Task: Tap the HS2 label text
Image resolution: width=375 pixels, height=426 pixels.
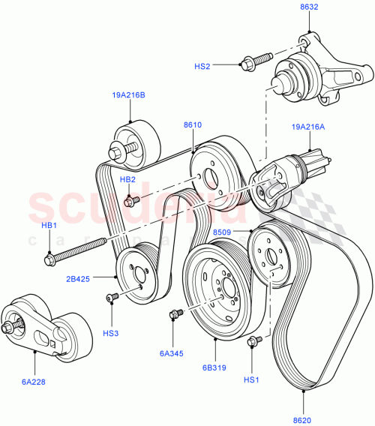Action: [x=202, y=66]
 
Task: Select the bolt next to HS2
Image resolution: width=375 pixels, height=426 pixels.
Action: [x=251, y=63]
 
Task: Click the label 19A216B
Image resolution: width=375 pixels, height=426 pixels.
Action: [x=129, y=94]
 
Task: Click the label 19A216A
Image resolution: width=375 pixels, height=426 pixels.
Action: [x=308, y=127]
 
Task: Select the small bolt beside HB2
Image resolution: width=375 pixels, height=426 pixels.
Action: [x=131, y=200]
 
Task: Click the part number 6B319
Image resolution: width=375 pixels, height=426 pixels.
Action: [x=214, y=368]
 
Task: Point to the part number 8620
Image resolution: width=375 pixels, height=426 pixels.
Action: [x=304, y=421]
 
